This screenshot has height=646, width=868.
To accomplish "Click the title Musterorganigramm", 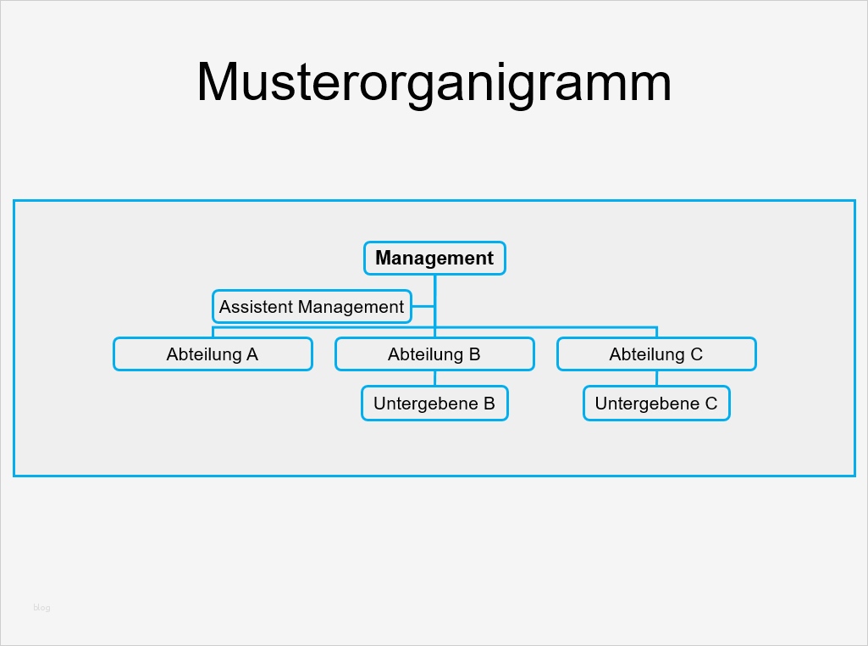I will [434, 82].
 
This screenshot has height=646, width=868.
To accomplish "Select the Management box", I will [434, 259].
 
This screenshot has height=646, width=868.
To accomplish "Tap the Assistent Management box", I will [311, 307].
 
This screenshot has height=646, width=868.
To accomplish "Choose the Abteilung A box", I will [213, 354].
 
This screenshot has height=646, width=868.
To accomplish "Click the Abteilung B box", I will [434, 354].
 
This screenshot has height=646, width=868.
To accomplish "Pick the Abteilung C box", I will [656, 354].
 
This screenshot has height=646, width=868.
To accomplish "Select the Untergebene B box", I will [434, 404].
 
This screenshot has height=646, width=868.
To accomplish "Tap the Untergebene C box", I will [656, 404].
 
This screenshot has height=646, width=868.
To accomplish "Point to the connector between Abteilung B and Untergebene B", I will [434, 378].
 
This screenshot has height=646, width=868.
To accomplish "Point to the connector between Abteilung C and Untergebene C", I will [656, 378].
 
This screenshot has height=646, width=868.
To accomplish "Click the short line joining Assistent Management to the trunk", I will [423, 307].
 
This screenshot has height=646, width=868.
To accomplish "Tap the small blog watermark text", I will [41, 607].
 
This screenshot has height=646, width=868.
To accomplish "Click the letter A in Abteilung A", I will [252, 354].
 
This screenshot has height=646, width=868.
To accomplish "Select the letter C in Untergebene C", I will [710, 404].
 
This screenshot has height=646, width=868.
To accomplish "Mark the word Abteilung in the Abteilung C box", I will [647, 354].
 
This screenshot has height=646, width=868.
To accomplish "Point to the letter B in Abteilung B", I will [474, 354].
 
